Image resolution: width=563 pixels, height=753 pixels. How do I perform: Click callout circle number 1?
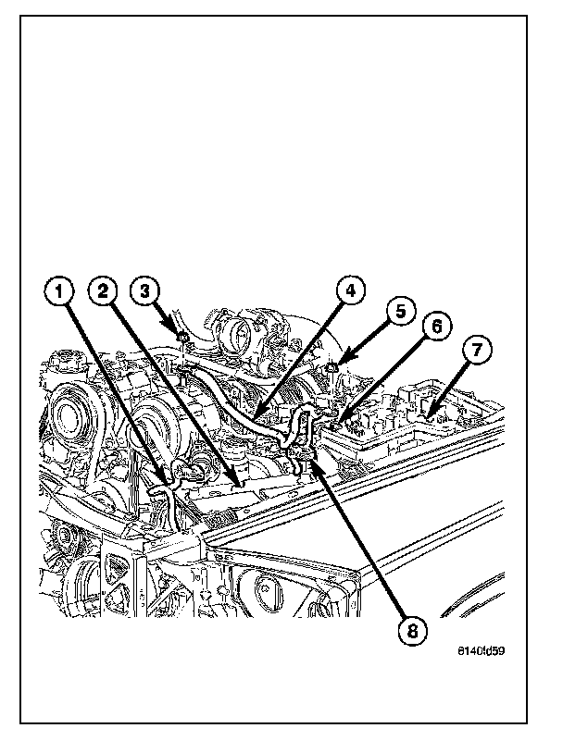59,293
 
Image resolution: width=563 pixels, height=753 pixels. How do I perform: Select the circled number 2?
104,292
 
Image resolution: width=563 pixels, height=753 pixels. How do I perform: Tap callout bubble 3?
144,290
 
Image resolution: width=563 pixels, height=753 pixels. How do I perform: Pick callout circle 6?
439,327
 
